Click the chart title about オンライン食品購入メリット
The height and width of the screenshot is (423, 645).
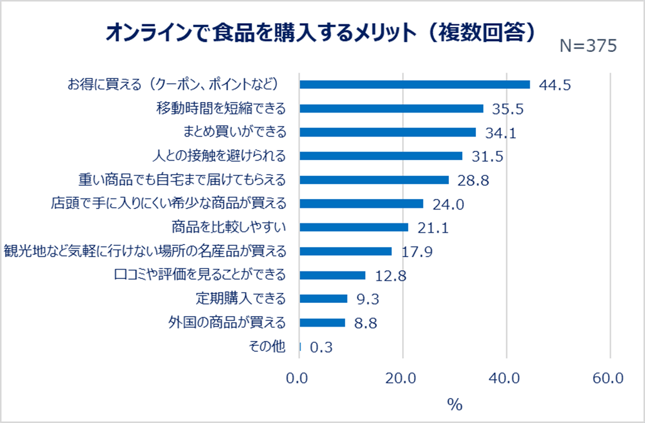click(x=320, y=33)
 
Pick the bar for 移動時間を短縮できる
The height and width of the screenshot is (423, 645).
click(x=391, y=108)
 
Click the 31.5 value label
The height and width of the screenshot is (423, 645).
click(x=487, y=156)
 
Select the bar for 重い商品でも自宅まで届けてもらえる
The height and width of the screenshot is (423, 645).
click(x=374, y=180)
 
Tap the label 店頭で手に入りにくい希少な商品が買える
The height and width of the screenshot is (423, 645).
click(x=168, y=203)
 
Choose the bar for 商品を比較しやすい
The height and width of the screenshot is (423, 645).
click(x=354, y=227)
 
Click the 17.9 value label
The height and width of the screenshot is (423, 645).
click(x=416, y=252)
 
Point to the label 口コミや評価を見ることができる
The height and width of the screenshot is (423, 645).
click(x=201, y=275)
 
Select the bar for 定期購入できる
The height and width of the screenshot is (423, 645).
click(x=323, y=298)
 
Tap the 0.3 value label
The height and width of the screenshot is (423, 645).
click(x=321, y=348)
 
